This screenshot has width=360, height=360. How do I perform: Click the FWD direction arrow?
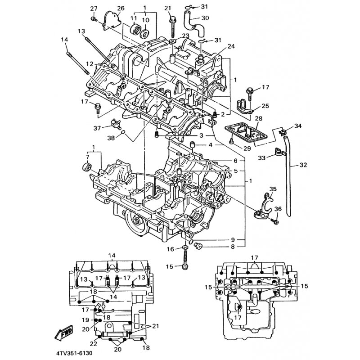coord(64,333)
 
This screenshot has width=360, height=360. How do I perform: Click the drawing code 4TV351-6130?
coord(74,353)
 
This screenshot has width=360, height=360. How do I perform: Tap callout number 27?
coord(94,9)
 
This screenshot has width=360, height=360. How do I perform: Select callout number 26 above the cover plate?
coord(121,8)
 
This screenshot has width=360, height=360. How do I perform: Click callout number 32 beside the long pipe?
coord(303,165)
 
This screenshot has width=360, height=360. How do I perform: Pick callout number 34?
coord(298,126)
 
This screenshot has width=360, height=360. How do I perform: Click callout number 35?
coord(273,189)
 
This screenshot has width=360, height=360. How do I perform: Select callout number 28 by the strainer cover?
coord(258,119)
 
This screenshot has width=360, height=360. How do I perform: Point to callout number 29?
coord(247,148)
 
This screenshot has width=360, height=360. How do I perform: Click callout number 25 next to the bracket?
coord(265,106)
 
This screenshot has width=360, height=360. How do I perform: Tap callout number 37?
coord(97,128)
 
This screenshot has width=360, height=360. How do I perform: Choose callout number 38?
coord(111,138)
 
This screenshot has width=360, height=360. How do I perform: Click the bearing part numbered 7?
coord(87,167)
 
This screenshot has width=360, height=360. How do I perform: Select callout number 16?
coord(171,249)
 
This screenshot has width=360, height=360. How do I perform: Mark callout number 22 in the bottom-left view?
coord(94,343)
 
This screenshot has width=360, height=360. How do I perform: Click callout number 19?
coord(85,320)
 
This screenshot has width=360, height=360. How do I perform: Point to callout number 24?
coord(231,46)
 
